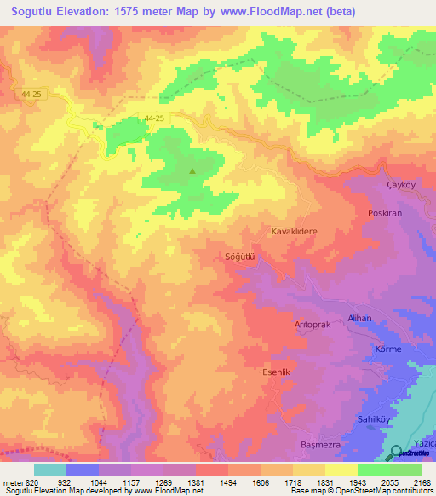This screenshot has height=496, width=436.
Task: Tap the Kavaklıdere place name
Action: tap(294, 231)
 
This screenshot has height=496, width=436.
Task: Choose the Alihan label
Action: tap(360, 318)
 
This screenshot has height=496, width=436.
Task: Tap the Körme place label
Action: tap(387, 349)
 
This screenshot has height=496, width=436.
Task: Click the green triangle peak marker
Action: tap(192, 170)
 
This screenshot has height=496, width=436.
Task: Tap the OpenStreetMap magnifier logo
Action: tap(397, 452)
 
